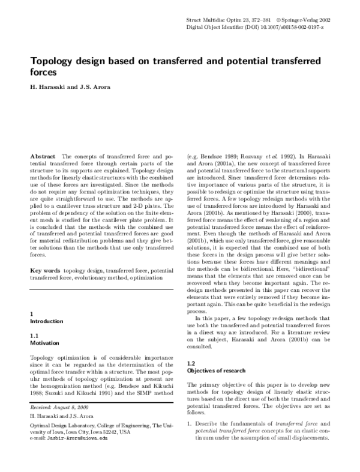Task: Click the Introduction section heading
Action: point(46,321)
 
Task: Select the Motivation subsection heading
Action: point(44,343)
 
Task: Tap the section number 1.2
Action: point(191,363)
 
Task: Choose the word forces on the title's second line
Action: point(44,72)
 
